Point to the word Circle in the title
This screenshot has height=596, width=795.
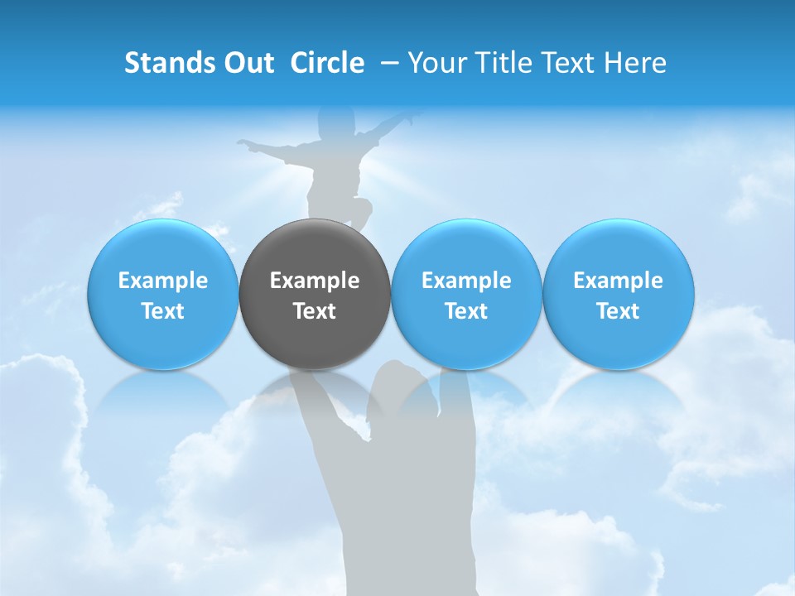point(327,63)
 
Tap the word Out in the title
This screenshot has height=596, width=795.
point(247,63)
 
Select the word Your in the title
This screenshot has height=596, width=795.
point(436,63)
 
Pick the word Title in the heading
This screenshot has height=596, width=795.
point(505,63)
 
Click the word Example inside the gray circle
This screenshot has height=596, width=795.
point(315,281)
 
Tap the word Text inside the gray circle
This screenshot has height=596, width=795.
point(315,311)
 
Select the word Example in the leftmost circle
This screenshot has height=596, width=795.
point(162,281)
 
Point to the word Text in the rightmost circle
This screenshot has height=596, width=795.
point(618,311)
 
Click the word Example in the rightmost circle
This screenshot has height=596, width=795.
point(618,281)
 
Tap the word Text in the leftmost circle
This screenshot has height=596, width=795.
point(162,311)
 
